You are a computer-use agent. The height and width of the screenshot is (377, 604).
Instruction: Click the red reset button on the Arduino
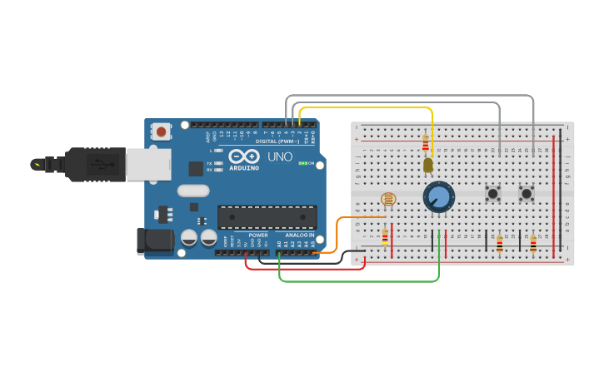pyautogui.click(x=161, y=131)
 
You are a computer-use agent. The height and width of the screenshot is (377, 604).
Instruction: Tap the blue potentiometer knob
pyautogui.click(x=438, y=197)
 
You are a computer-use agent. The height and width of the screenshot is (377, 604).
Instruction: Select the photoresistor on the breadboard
pyautogui.click(x=388, y=199)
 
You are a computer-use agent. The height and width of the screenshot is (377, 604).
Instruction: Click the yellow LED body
pyautogui.click(x=428, y=165)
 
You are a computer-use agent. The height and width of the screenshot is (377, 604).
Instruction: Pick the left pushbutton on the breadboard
pyautogui.click(x=493, y=194)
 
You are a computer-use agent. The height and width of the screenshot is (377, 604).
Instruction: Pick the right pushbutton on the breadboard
pyautogui.click(x=527, y=194)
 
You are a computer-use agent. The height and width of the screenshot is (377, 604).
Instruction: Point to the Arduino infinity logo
pyautogui.click(x=244, y=156)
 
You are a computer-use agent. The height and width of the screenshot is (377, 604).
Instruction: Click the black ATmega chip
pyautogui.click(x=267, y=216)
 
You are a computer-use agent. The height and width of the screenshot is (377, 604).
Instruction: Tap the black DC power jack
pyautogui.click(x=155, y=241)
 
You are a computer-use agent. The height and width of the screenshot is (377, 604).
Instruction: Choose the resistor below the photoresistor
pyautogui.click(x=385, y=237)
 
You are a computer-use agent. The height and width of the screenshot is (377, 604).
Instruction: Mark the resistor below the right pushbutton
pyautogui.click(x=533, y=244)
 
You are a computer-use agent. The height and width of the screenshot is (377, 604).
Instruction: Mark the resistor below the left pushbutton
pyautogui.click(x=500, y=244)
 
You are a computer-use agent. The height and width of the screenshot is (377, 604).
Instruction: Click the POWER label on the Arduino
pyautogui.click(x=258, y=235)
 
